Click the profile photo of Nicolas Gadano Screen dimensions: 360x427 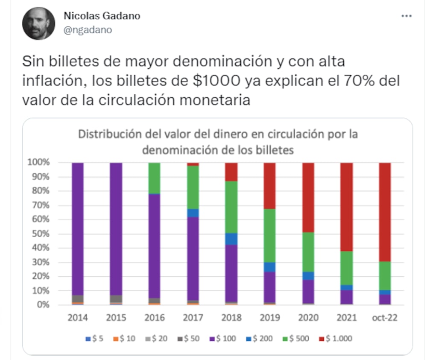[x=39, y=23]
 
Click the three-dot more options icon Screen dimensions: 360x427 [x=406, y=16]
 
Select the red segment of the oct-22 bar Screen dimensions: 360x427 [x=385, y=211]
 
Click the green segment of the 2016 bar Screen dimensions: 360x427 [x=154, y=178]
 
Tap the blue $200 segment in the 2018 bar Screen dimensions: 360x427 [x=231, y=239]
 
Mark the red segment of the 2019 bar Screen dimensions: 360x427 [x=270, y=185]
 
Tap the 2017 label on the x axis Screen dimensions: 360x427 [x=193, y=318]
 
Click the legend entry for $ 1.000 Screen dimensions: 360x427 [x=336, y=339]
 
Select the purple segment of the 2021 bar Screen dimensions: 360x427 [x=347, y=297]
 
